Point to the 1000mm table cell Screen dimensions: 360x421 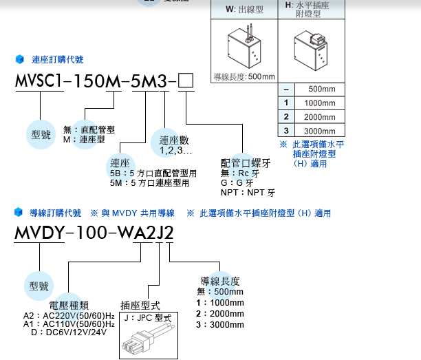(319, 103)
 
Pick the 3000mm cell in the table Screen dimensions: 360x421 (319, 131)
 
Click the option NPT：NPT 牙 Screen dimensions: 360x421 (248, 193)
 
